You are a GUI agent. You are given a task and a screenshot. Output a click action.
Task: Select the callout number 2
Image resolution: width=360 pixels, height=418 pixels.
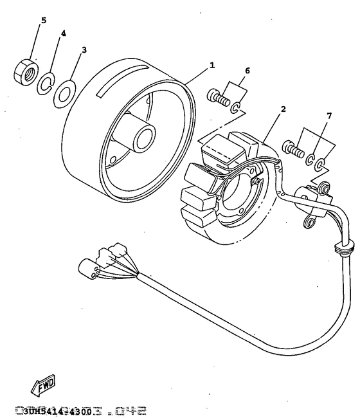click(x=283, y=109)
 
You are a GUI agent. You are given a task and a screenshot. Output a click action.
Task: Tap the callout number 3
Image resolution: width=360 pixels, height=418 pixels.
click(x=84, y=50)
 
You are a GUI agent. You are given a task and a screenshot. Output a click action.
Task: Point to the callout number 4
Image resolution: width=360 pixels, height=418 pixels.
click(x=63, y=33)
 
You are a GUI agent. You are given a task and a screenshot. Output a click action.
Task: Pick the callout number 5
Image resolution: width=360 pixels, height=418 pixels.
click(x=44, y=20)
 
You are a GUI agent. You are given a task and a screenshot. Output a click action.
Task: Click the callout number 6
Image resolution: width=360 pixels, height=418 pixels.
click(x=248, y=70)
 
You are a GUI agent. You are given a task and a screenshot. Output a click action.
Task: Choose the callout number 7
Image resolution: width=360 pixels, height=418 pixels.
click(x=328, y=116)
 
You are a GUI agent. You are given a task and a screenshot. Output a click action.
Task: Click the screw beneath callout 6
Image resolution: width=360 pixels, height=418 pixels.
click(x=218, y=99)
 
